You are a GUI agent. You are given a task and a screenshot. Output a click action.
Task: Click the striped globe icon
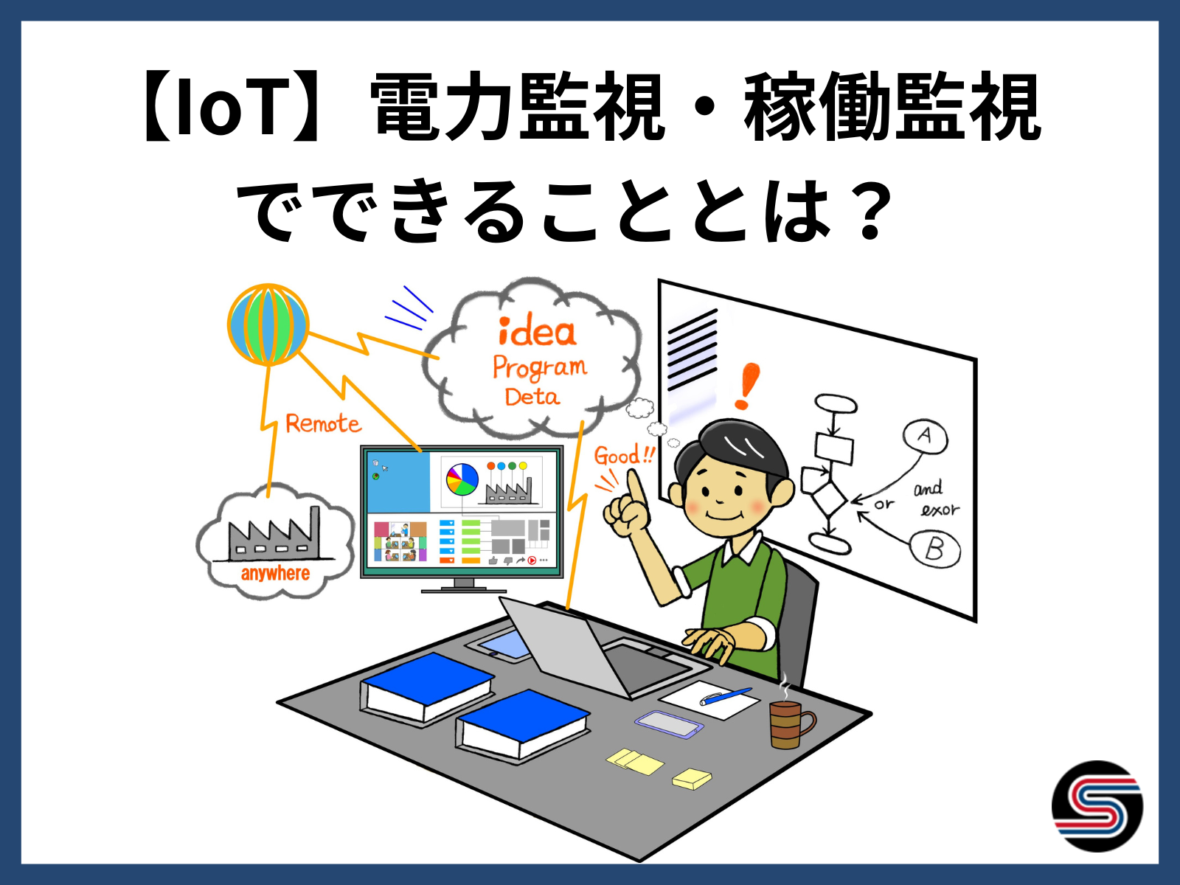(268, 324)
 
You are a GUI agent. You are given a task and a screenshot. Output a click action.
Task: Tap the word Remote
(323, 423)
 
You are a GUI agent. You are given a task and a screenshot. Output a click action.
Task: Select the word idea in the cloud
(537, 331)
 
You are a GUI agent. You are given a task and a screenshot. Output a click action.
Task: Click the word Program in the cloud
(540, 369)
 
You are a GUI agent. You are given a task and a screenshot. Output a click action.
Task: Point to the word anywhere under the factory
(275, 573)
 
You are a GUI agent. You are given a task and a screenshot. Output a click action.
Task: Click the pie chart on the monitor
(462, 479)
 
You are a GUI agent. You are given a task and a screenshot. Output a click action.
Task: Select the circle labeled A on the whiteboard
(925, 436)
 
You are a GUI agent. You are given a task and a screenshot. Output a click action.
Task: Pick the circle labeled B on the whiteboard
(935, 549)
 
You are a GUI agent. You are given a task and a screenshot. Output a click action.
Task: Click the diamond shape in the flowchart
(828, 499)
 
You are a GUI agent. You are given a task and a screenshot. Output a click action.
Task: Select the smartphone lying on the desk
(669, 723)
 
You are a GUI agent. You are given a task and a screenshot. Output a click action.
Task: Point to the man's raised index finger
(636, 486)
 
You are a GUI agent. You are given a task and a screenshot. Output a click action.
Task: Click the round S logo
(1097, 806)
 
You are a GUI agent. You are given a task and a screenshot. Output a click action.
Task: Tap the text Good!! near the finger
(624, 456)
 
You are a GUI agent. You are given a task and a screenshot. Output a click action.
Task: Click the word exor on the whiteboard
(940, 509)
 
